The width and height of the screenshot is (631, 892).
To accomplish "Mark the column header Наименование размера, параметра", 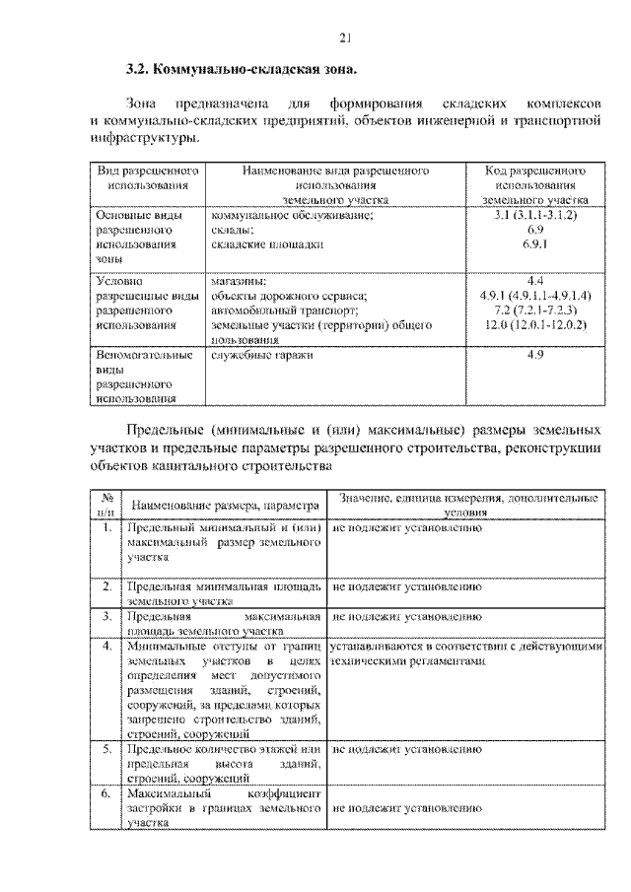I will [x=226, y=505].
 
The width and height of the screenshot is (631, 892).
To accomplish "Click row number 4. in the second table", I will [x=105, y=646].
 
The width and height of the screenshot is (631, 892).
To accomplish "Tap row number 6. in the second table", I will [x=105, y=792].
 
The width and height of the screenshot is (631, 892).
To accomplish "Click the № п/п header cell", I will [x=105, y=505].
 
